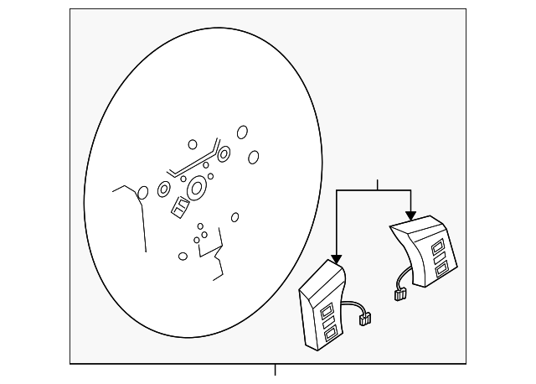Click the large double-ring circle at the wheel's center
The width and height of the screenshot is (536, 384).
(197, 189)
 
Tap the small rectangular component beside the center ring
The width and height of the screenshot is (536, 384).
(179, 206)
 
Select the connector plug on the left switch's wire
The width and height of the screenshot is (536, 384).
(363, 318)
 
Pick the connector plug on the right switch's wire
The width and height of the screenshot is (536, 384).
(400, 293)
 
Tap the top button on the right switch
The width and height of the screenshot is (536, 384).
(437, 244)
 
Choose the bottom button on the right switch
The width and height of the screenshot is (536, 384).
(441, 272)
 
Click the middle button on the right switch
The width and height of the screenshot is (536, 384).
(440, 258)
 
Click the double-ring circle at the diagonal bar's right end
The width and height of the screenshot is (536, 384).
(224, 153)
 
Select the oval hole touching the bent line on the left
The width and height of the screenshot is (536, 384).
(142, 193)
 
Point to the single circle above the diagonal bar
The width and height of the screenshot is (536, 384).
(193, 144)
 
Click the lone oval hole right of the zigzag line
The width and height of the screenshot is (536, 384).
(234, 217)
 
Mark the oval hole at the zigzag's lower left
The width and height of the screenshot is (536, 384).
(183, 256)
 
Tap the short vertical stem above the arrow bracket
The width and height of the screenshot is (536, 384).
(378, 184)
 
